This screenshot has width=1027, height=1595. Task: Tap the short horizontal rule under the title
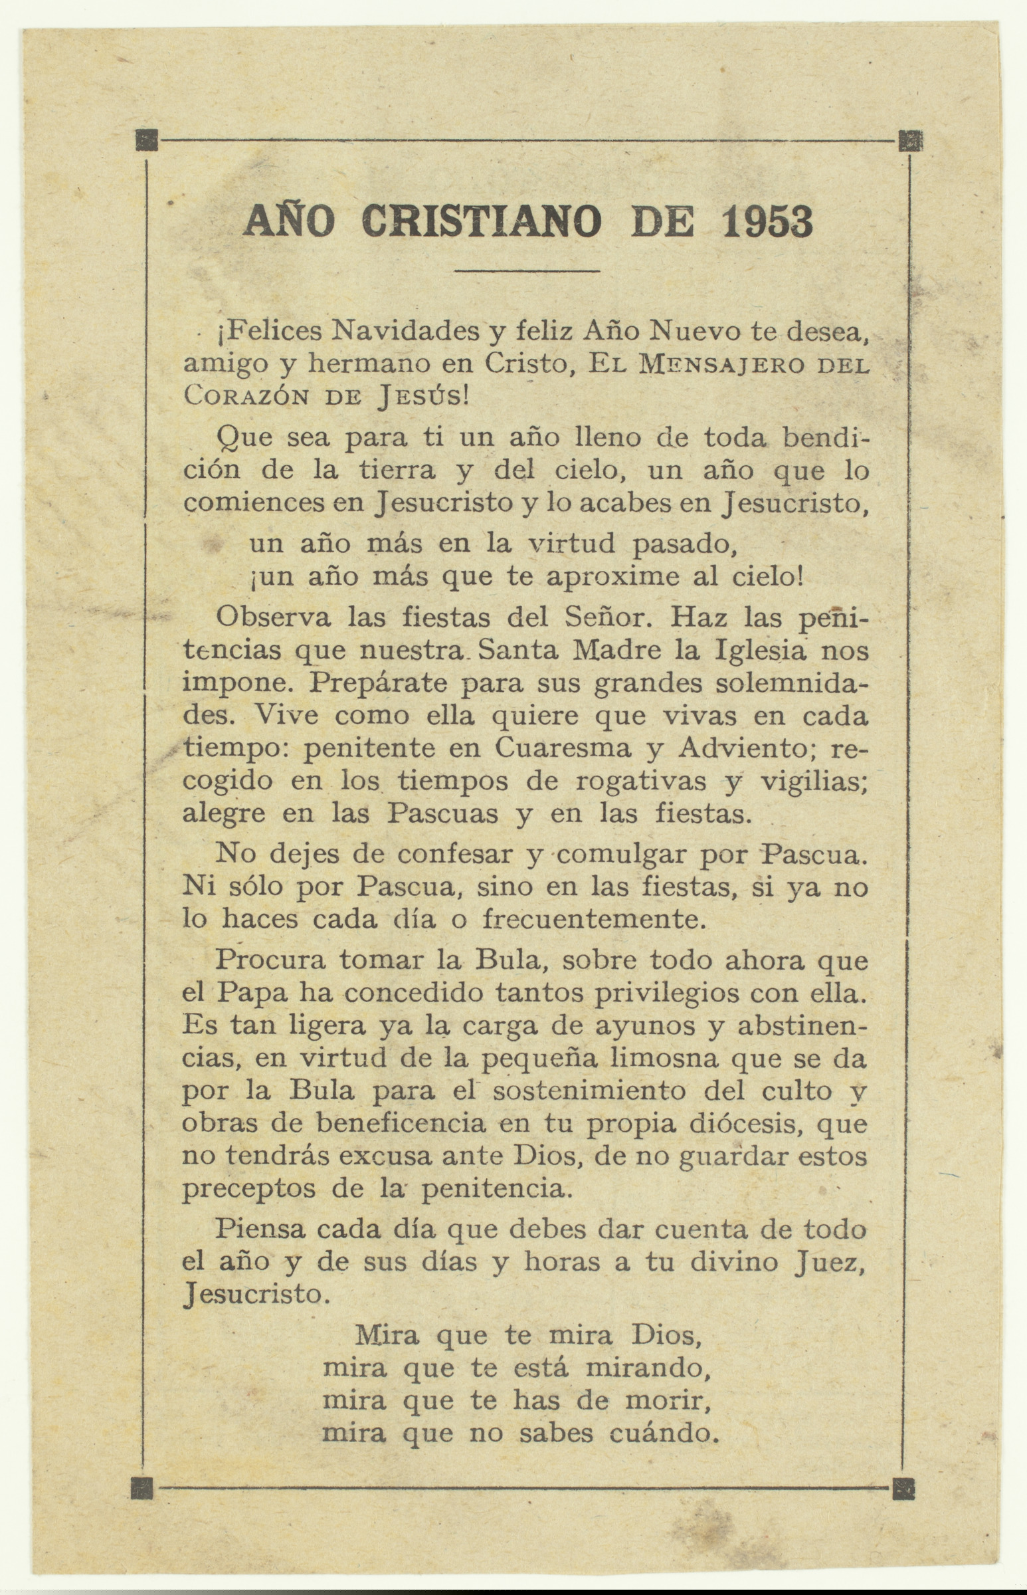coord(527,271)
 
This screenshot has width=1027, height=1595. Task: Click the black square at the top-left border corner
coord(147,140)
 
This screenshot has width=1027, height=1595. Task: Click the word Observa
coord(273,617)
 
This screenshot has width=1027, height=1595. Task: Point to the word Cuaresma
coord(562,748)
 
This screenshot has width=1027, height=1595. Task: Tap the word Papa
coord(252,994)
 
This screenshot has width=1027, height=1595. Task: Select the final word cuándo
coord(664,1433)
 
